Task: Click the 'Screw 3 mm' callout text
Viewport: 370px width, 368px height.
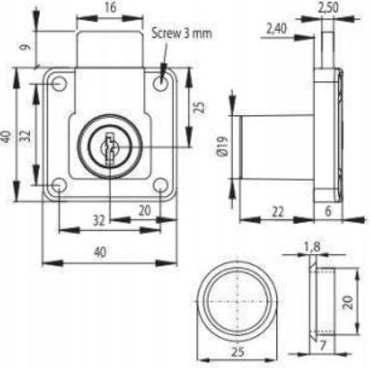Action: [182, 33]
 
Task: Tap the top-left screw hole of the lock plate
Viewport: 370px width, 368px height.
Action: [59, 83]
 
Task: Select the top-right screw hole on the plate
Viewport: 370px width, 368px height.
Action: [159, 83]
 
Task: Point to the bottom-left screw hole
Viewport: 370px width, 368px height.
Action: [60, 185]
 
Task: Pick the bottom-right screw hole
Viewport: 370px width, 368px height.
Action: [160, 185]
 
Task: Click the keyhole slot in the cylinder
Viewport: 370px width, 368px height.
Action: [109, 150]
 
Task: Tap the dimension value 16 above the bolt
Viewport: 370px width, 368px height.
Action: [110, 9]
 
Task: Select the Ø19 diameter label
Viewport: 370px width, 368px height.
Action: [223, 146]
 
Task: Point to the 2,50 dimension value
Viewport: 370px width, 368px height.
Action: [328, 8]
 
